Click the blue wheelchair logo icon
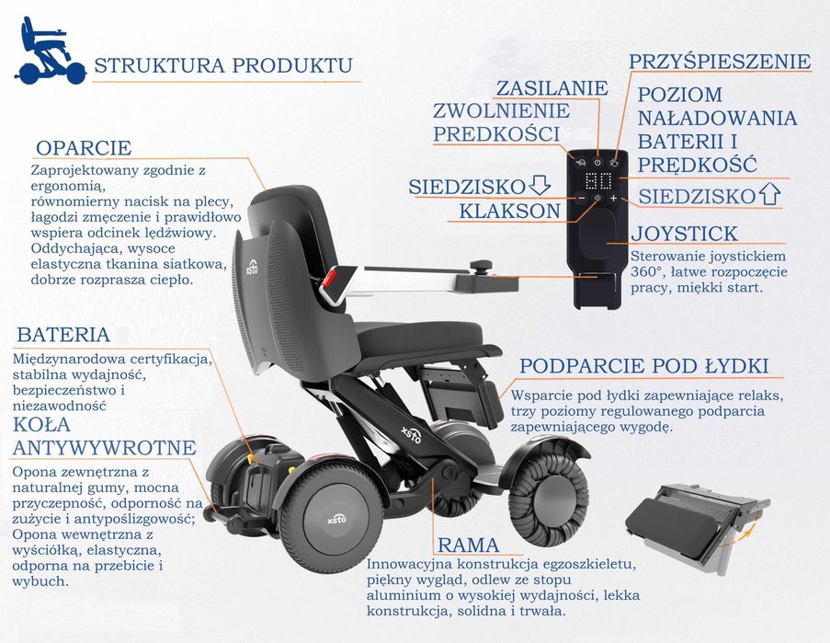click(x=48, y=52)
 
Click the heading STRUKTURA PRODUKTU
click(x=223, y=66)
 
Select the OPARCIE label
click(x=84, y=148)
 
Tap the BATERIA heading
click(x=63, y=334)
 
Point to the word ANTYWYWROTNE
click(x=104, y=447)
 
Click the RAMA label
click(x=468, y=545)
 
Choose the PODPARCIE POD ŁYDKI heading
click(x=643, y=365)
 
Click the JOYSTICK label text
click(x=685, y=233)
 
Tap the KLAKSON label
click(x=509, y=211)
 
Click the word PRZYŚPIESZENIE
click(x=720, y=62)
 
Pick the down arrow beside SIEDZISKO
click(x=540, y=186)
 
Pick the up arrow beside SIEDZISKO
click(x=769, y=195)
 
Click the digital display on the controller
click(x=598, y=180)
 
